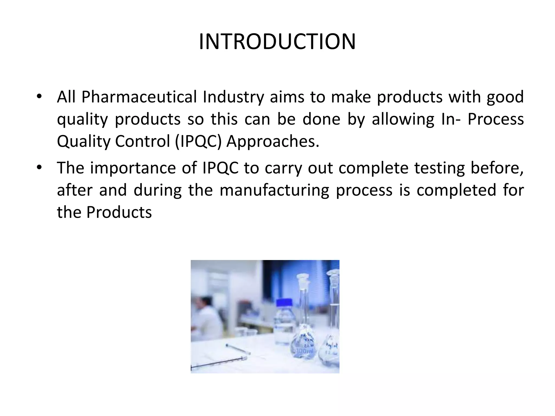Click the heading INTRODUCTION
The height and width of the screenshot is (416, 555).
pyautogui.click(x=277, y=42)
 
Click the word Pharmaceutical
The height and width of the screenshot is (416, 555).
pyautogui.click(x=139, y=97)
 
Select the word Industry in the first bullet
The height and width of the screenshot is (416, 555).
pyautogui.click(x=233, y=97)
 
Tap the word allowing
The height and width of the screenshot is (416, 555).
pyautogui.click(x=403, y=119)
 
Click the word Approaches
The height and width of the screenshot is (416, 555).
pyautogui.click(x=273, y=141)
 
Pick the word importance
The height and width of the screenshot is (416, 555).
pyautogui.click(x=133, y=168)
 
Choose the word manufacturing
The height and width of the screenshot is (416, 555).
pyautogui.click(x=274, y=190)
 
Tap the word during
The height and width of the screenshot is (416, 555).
pyautogui.click(x=157, y=190)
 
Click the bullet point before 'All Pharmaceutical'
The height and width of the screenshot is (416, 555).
pyautogui.click(x=39, y=96)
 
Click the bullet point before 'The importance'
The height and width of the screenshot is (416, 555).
pyautogui.click(x=39, y=167)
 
